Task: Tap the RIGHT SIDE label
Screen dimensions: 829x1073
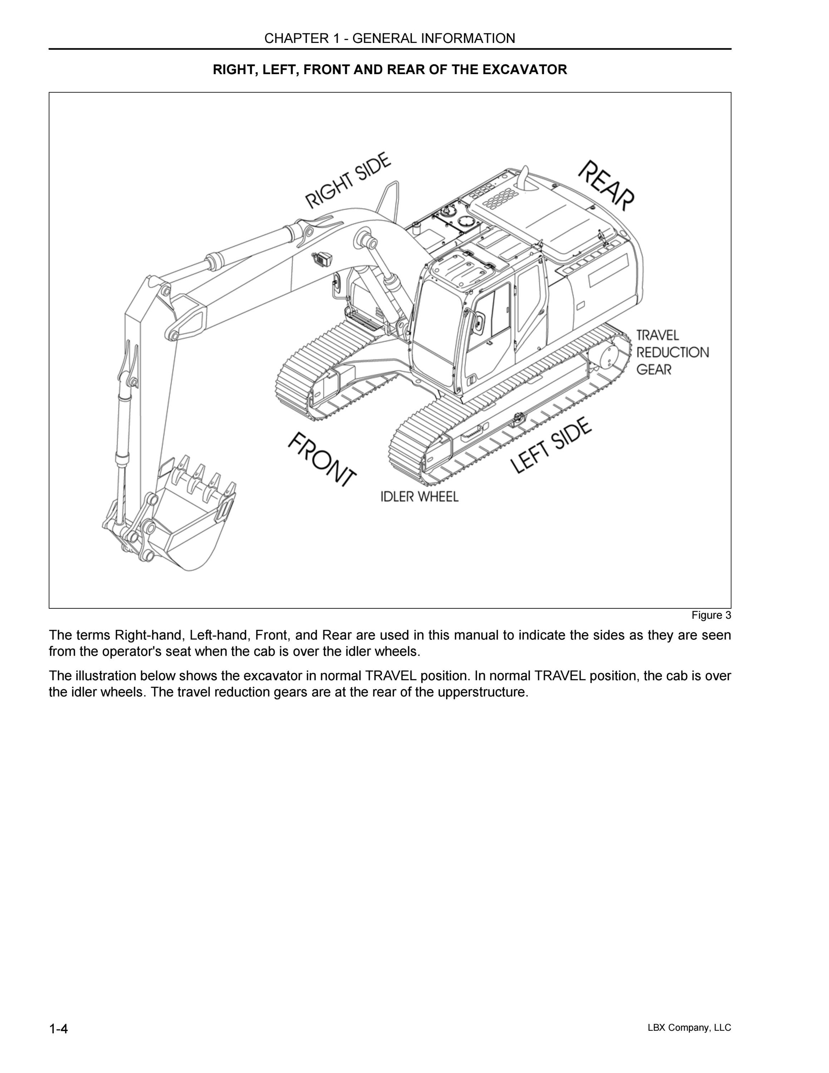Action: pos(348,180)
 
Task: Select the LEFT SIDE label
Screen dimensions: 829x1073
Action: pos(551,446)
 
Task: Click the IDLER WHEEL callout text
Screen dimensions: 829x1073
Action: pos(420,497)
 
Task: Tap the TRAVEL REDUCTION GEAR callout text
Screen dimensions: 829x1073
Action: pos(672,352)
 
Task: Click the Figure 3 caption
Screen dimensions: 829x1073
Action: pos(711,615)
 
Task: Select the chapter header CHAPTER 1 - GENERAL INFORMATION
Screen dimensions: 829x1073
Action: pos(390,38)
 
